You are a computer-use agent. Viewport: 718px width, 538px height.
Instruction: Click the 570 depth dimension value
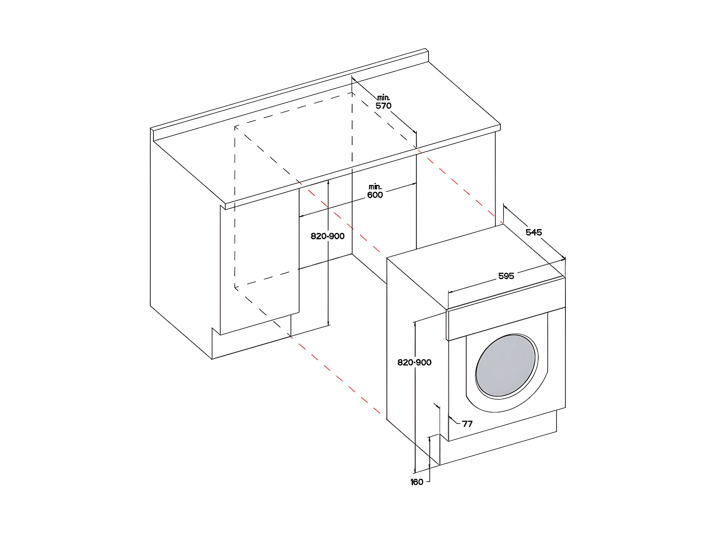(384, 106)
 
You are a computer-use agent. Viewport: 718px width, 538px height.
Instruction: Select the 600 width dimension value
(375, 195)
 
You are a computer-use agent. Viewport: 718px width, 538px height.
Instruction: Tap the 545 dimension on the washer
(534, 232)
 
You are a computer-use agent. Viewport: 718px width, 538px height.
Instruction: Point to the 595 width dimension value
(506, 276)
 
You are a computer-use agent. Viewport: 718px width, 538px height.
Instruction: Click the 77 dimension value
(467, 424)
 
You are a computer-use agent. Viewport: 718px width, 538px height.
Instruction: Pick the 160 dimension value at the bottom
(417, 482)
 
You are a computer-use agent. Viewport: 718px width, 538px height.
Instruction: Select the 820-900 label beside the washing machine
(414, 362)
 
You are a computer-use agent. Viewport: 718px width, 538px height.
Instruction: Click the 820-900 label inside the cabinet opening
(327, 236)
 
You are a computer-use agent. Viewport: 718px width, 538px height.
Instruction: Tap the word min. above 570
(384, 98)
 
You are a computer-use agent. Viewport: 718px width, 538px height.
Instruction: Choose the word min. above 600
(375, 187)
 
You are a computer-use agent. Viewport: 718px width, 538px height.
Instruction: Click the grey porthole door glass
(505, 366)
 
